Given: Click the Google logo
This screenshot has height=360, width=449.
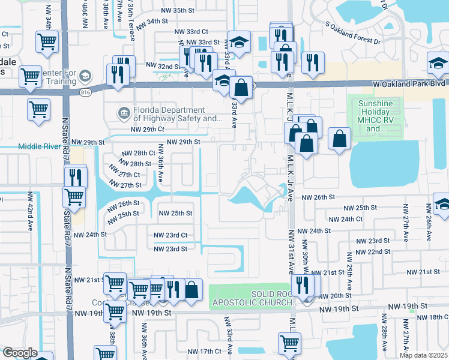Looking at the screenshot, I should pos(19,353).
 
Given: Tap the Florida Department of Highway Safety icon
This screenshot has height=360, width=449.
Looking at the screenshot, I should pos(124,111).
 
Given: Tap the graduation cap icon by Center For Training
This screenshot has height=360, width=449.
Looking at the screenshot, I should pos(85,76).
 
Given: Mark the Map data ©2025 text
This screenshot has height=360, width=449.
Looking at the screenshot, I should pos(423,355).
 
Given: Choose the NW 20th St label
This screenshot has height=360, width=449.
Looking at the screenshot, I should pos(340,295).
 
